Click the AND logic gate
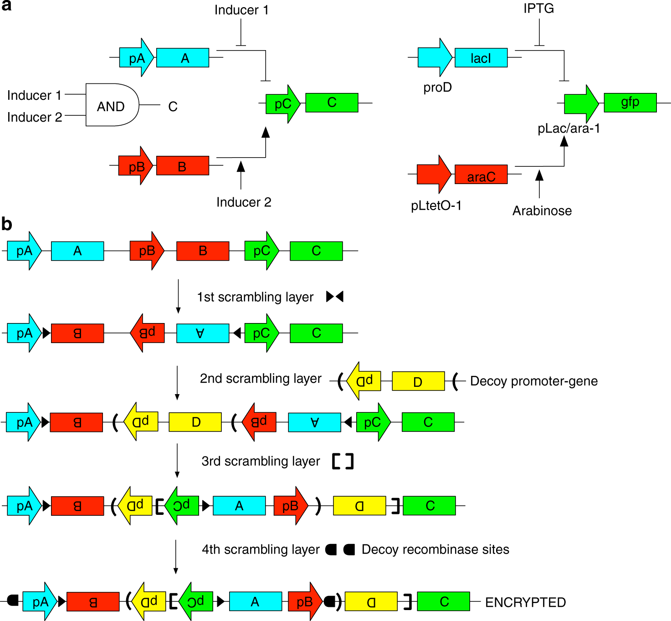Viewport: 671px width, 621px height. [112, 105]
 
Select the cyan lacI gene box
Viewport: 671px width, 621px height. [481, 58]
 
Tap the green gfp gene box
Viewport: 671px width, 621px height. [630, 103]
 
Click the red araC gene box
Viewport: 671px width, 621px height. [481, 174]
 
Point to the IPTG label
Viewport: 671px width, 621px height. [538, 9]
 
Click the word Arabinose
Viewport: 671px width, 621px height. [542, 210]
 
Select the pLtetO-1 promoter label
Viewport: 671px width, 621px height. [436, 205]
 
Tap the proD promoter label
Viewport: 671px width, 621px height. [437, 87]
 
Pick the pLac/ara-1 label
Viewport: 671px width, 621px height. [569, 128]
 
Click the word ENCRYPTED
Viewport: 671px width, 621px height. [525, 602]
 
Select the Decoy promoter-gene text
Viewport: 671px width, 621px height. [534, 381]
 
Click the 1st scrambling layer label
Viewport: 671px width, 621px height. [255, 297]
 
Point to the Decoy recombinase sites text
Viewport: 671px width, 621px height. [435, 549]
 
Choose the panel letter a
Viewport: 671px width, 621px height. [6, 6]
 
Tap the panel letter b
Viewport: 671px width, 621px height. [7, 224]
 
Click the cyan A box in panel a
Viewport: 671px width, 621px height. [183, 58]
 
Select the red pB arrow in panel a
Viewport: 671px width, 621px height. [136, 166]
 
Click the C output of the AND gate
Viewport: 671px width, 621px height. [173, 107]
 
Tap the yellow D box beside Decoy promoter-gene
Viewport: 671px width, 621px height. [418, 381]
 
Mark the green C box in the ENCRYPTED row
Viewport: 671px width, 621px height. [443, 601]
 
